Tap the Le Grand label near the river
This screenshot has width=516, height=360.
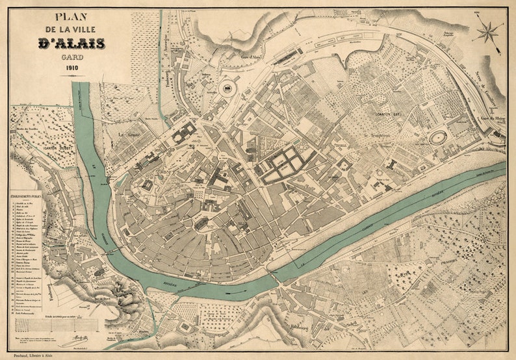[x=130, y=135]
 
